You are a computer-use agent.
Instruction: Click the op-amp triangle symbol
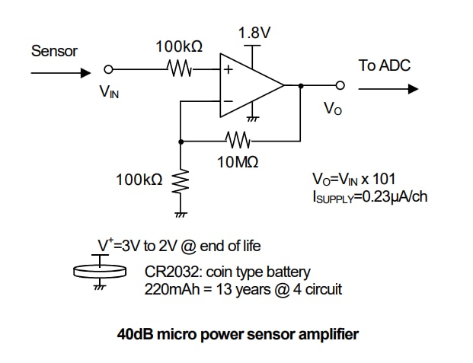pos(248,85)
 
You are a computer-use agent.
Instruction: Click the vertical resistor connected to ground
pos(181,183)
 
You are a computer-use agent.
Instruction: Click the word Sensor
pos(54,52)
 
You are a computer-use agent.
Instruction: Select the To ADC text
pos(384,65)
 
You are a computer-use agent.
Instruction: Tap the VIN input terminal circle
pos(108,69)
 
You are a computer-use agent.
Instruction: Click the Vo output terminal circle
pos(340,85)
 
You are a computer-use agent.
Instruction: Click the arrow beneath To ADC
pos(388,89)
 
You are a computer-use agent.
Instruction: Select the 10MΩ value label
pos(238,161)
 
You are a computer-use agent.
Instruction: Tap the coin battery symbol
pos(98,270)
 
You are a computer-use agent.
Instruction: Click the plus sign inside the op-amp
pos(227,69)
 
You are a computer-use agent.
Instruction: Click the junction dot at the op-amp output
pos(301,85)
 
